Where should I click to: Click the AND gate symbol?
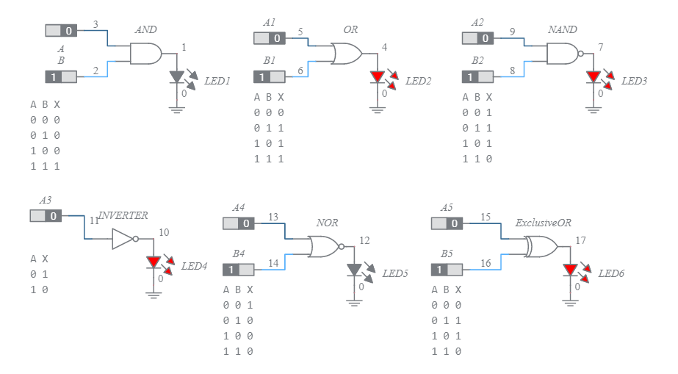[x=145, y=53]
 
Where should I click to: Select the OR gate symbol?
[x=345, y=54]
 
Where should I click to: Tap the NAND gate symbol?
[x=563, y=53]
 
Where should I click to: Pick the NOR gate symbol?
[x=323, y=247]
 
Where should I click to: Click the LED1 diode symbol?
[x=176, y=76]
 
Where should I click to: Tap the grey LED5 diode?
[x=354, y=270]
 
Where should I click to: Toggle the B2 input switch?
[x=477, y=76]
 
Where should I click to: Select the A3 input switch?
[x=46, y=216]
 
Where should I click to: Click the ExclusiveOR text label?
[x=543, y=222]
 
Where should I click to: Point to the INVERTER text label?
[x=123, y=215]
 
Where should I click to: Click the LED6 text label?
[x=611, y=273]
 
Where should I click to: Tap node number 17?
[x=580, y=240]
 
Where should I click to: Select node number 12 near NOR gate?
[x=364, y=240]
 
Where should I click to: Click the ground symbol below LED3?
[x=594, y=109]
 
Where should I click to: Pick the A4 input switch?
[x=238, y=223]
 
